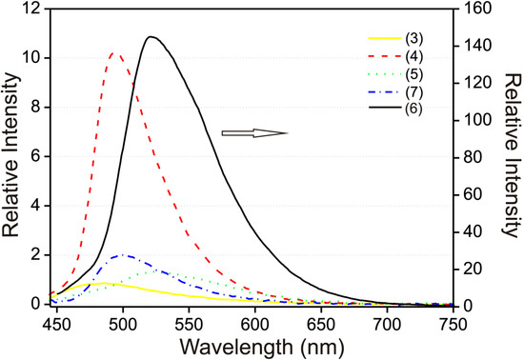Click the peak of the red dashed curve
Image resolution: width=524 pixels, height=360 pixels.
[115, 53]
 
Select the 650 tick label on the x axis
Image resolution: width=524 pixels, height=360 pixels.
[320, 323]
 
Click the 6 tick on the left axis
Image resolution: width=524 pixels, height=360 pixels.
[35, 157]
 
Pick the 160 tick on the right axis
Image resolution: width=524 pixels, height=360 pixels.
[474, 9]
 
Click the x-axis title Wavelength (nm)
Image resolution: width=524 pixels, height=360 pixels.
[253, 345]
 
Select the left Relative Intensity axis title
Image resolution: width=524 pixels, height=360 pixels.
[11, 157]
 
